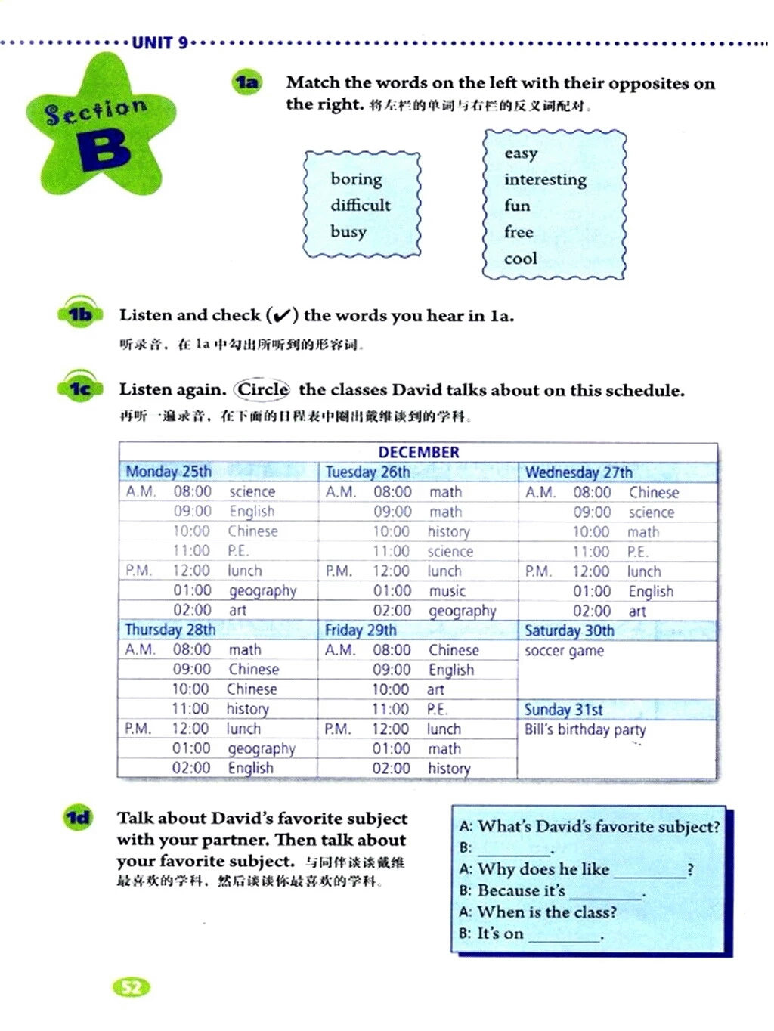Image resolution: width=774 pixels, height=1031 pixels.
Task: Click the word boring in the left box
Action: point(356,180)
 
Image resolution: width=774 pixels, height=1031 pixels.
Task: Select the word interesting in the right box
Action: point(545,180)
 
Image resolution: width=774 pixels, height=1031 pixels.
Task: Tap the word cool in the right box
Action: point(521,259)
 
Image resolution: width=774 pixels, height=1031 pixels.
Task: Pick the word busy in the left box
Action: point(348,232)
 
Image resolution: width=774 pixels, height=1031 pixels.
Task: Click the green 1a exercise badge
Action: point(247,82)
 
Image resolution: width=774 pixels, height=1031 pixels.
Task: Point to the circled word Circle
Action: point(262,389)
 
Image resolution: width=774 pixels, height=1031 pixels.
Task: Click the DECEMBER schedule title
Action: point(418,452)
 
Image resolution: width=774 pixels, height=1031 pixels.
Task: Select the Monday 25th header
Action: point(169,472)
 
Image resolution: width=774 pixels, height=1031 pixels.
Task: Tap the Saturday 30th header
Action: point(569,630)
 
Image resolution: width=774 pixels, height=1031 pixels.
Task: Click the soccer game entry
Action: point(564,651)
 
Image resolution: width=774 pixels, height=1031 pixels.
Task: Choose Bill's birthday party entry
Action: point(585,729)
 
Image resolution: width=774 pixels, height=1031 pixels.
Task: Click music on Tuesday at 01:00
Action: point(447,591)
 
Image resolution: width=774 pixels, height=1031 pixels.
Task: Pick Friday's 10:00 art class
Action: point(435,689)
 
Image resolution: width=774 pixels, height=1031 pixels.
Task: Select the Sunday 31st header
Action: point(563,710)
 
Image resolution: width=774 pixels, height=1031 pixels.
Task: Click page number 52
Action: point(132,987)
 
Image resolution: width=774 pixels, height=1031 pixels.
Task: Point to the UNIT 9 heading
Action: point(159,42)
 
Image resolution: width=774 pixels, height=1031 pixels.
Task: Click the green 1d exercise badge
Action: point(78,818)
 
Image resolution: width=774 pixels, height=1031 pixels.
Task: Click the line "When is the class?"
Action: point(546,912)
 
